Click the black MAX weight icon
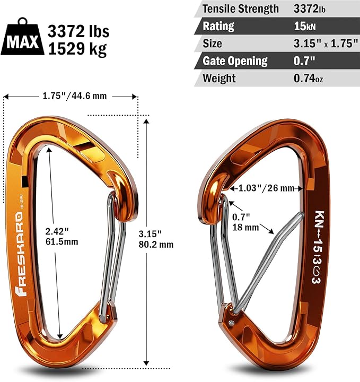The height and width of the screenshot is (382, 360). point(23,39)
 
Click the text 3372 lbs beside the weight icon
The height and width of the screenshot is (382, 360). point(78,31)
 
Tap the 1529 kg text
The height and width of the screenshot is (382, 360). point(76,49)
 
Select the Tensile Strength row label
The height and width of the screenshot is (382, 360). point(240,8)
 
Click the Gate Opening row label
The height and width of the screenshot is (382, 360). point(235,60)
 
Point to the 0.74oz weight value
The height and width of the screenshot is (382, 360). point(309,78)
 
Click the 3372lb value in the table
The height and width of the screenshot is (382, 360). point(313,8)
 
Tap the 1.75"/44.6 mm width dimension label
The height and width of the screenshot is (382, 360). point(70,96)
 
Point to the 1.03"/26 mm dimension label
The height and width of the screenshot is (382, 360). point(266,188)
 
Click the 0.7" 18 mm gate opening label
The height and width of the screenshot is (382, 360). point(245,222)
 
